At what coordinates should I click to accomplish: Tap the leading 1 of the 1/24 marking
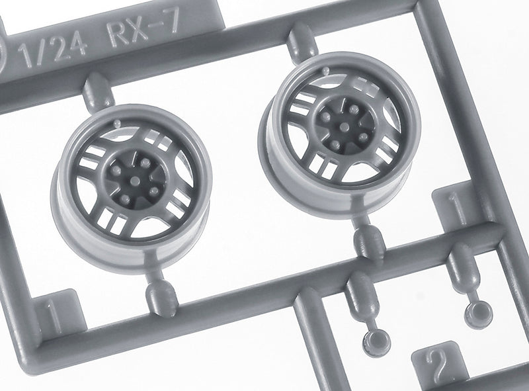click(24, 58)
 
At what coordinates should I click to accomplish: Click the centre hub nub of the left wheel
click(135, 181)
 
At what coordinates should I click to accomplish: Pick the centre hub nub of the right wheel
click(344, 127)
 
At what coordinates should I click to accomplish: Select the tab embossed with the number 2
click(438, 365)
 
